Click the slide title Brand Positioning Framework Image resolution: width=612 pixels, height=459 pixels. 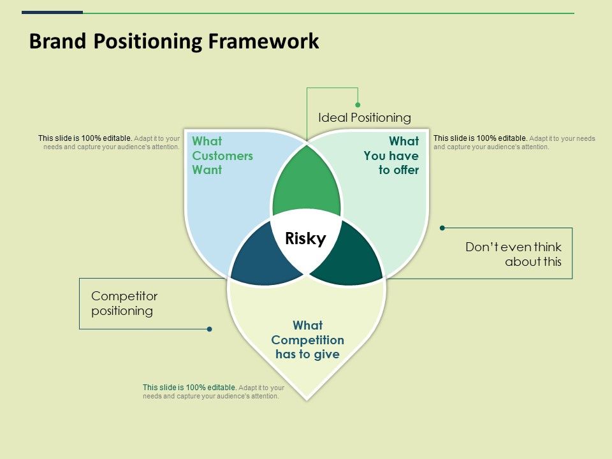tap(174, 41)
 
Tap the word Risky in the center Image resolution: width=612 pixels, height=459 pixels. tap(305, 239)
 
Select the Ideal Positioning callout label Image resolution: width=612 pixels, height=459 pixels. tap(364, 117)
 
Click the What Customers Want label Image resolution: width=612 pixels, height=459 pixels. tap(222, 156)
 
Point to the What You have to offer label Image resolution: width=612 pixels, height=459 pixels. tap(391, 156)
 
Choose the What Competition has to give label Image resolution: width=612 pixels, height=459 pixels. tap(308, 340)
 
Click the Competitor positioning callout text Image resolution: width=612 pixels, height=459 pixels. tap(124, 303)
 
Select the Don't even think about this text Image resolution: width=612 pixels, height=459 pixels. tap(513, 254)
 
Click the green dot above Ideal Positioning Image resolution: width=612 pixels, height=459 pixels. tap(358, 105)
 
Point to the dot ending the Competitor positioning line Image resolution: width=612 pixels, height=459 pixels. tap(209, 329)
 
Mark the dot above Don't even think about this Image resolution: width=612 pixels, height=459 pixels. tap(442, 228)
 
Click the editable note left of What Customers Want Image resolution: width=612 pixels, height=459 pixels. tap(109, 142)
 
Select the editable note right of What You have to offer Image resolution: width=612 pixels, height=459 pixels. tap(514, 142)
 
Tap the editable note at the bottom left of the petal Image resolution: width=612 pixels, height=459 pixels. tap(213, 391)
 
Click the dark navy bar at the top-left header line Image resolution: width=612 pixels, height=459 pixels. tap(52, 12)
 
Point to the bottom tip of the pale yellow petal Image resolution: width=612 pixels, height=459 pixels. tap(307, 398)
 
